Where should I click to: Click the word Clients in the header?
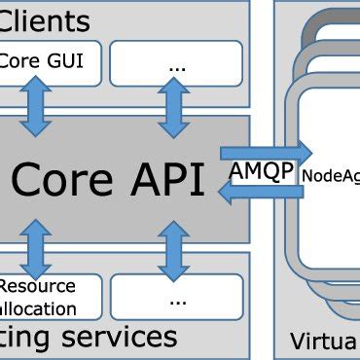click(46, 19)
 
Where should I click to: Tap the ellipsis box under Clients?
click(176, 63)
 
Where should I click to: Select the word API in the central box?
click(167, 179)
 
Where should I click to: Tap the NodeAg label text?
click(330, 175)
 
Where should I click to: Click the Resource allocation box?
click(49, 297)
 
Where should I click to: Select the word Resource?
click(36, 286)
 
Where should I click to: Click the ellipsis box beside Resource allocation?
click(176, 297)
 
